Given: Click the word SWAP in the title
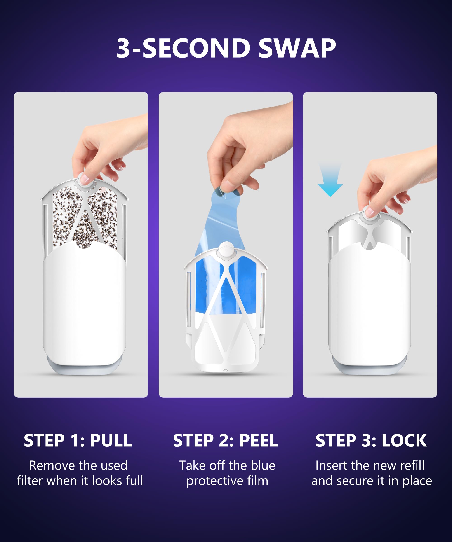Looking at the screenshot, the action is click(x=297, y=48).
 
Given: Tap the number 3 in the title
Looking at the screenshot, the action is click(x=123, y=48).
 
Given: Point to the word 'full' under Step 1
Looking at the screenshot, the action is click(x=134, y=481).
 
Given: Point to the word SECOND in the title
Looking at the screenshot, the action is click(x=196, y=48).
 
